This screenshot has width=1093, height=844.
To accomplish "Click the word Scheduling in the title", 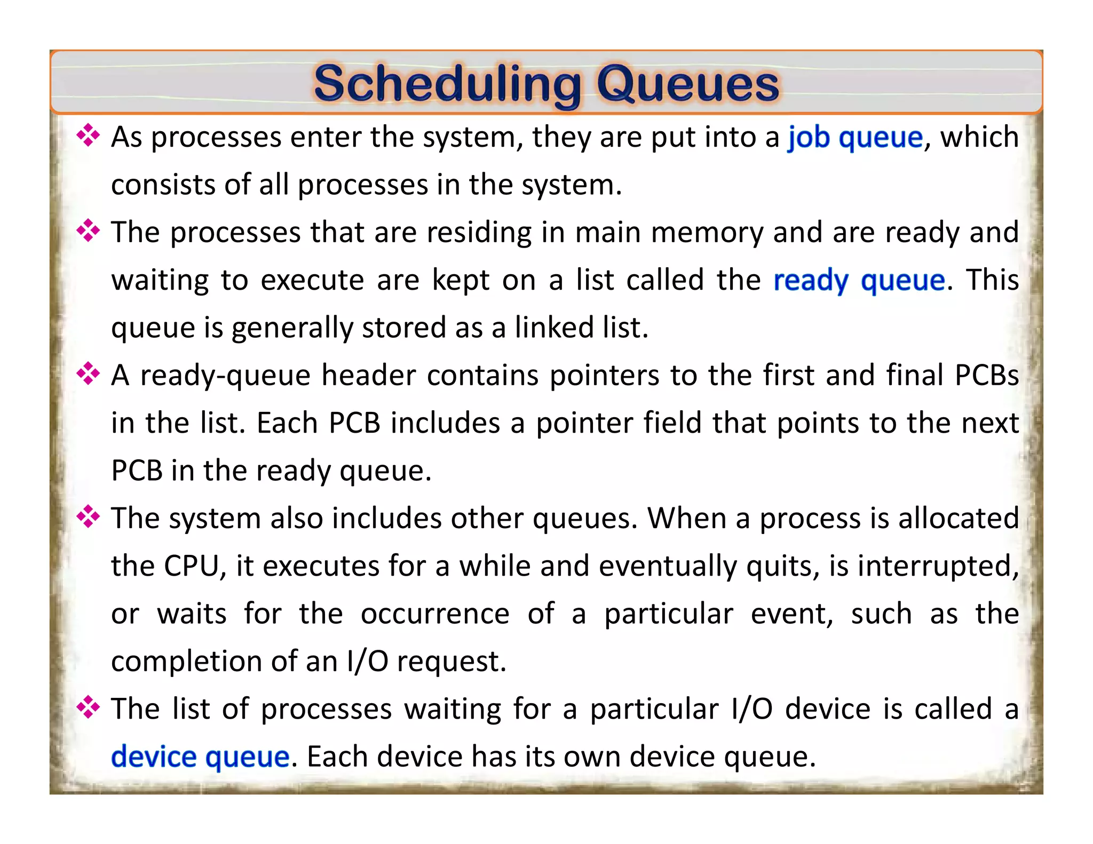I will [x=447, y=84].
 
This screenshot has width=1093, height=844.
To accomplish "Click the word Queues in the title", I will [x=688, y=84].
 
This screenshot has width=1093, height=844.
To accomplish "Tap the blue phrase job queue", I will [x=856, y=137].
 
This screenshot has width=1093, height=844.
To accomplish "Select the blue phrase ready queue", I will [x=859, y=280].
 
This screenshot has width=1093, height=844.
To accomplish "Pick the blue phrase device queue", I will [x=200, y=757].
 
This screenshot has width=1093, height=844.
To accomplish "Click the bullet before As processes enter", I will [x=88, y=136].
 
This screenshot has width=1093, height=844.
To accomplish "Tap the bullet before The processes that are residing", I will [x=88, y=232].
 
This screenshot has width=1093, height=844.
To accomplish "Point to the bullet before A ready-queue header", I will [x=88, y=374].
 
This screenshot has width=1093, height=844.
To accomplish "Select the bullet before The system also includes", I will [x=88, y=517].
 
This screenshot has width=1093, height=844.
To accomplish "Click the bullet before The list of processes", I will [x=88, y=708].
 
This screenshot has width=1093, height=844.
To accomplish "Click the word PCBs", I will [x=987, y=375].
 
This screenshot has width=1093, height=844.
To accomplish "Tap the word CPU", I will [x=192, y=566].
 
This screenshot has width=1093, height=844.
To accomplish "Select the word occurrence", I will [x=435, y=614].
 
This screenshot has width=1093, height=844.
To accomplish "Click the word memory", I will [x=707, y=233].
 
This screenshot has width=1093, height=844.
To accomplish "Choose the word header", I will [x=368, y=375].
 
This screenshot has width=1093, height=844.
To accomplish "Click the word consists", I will [x=163, y=185].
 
